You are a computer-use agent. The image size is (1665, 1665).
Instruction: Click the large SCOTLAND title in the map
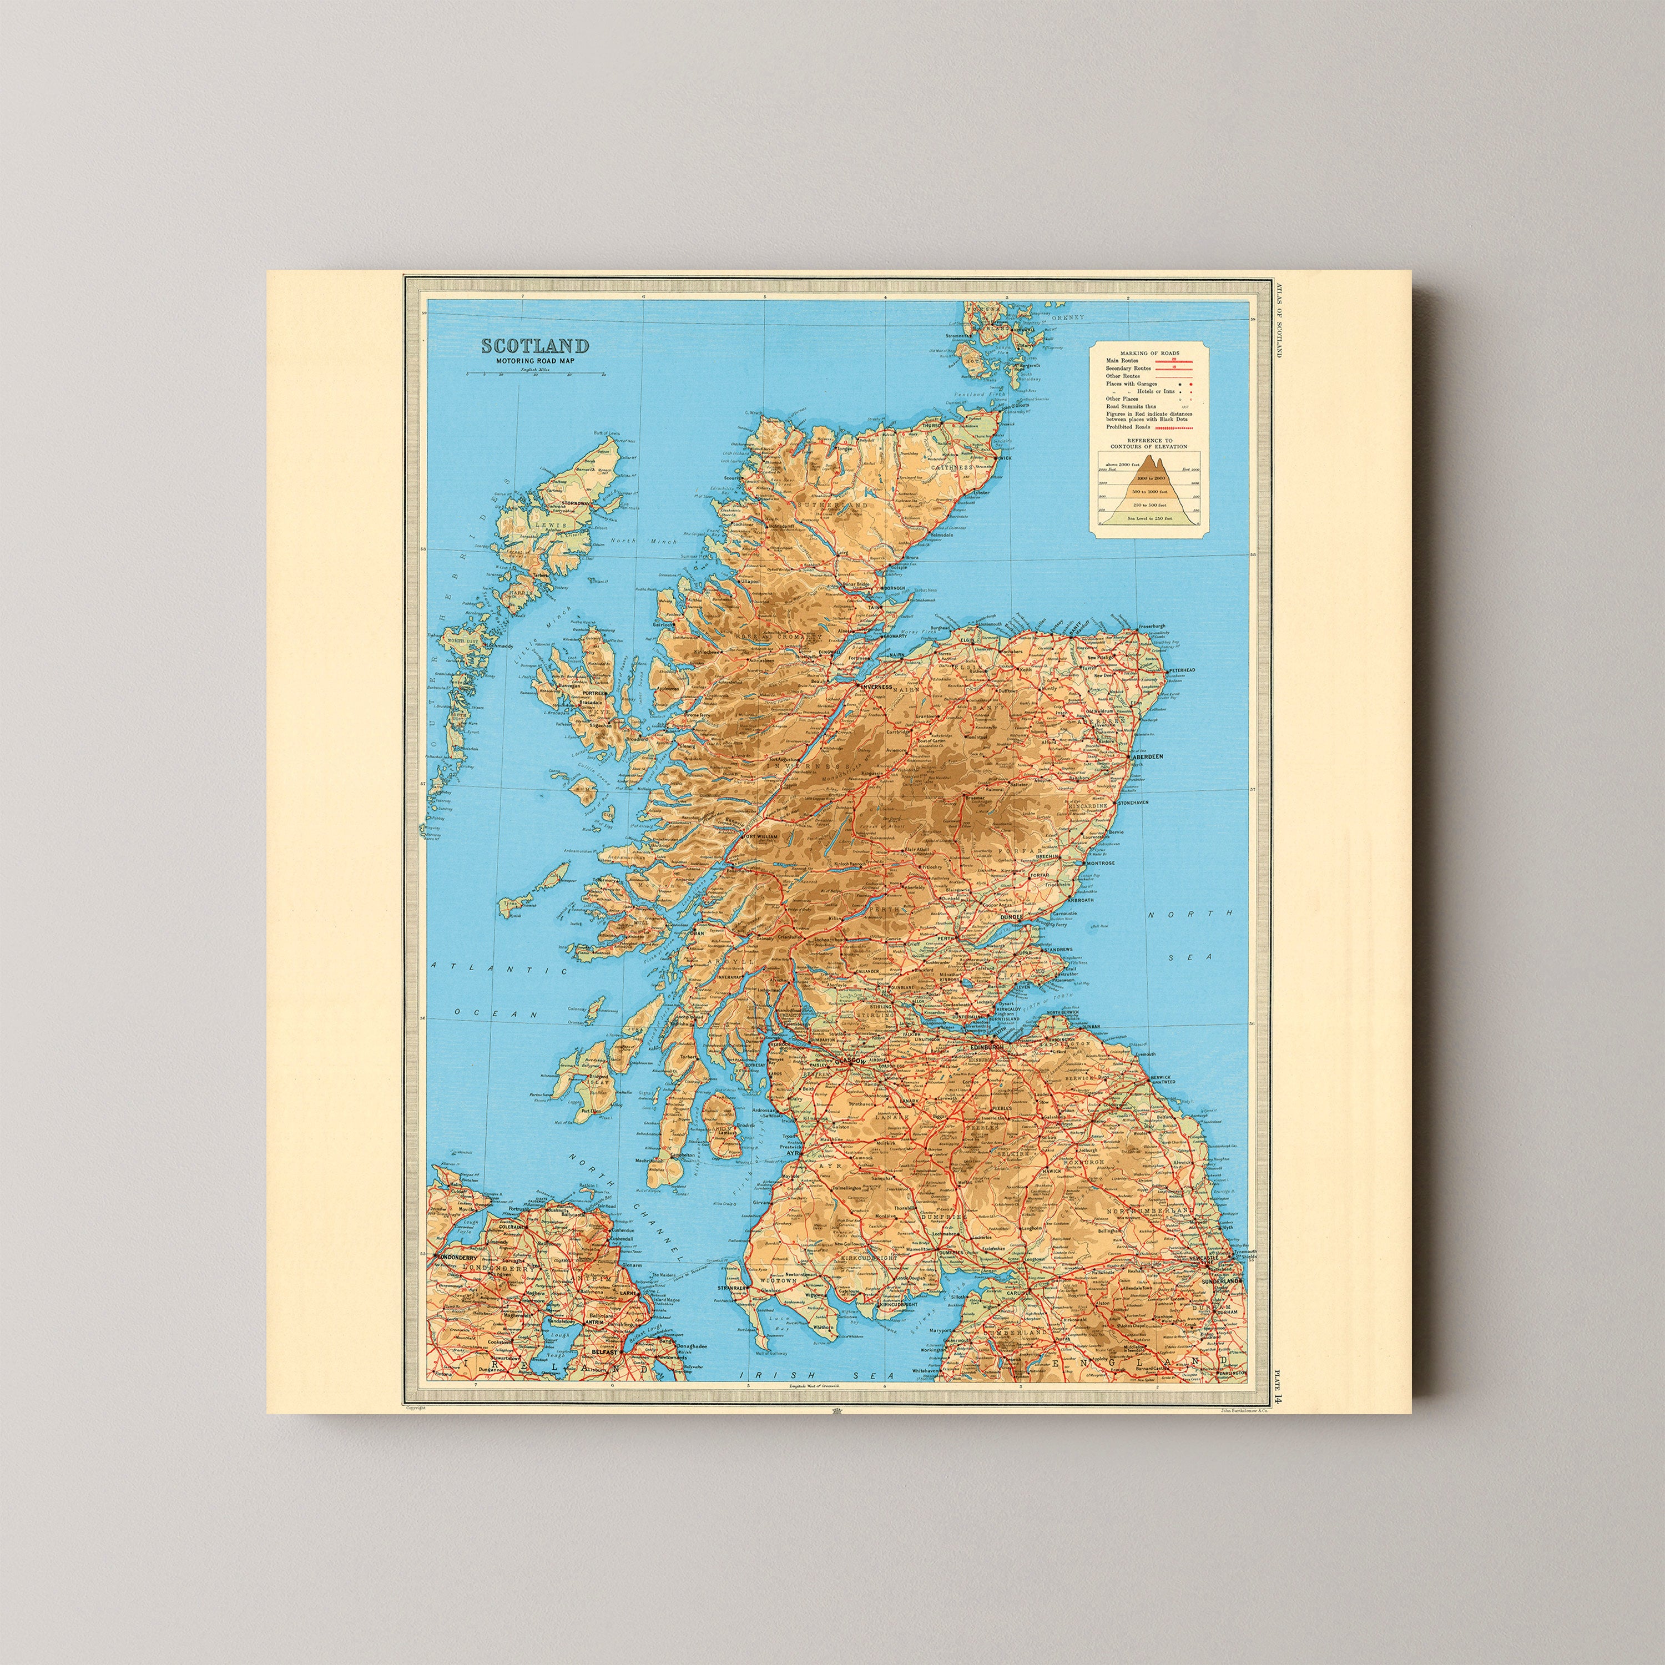534,346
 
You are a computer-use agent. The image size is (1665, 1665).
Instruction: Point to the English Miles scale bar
535,373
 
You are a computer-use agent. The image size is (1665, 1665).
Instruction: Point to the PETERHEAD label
1182,670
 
